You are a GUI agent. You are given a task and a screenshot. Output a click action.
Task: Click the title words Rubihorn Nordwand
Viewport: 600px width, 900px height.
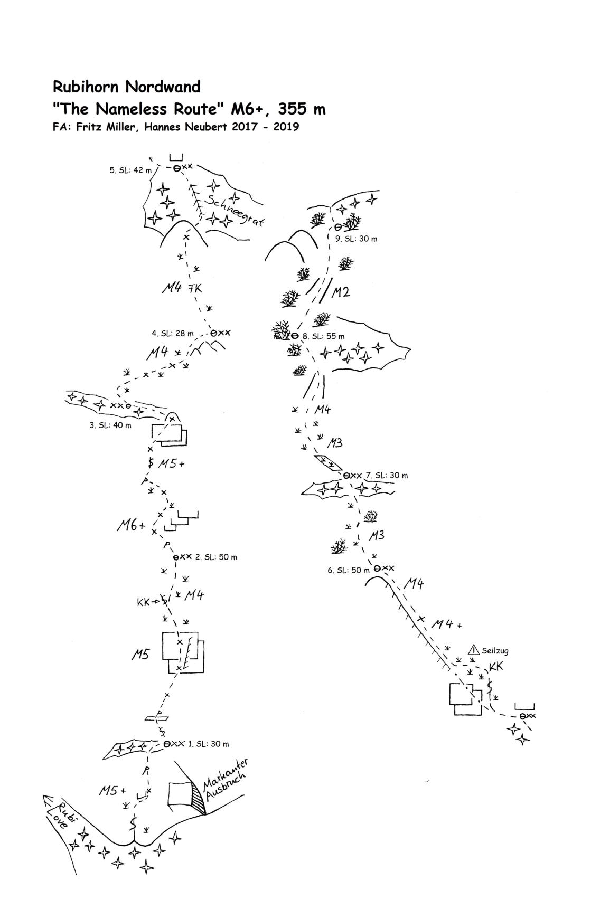127,87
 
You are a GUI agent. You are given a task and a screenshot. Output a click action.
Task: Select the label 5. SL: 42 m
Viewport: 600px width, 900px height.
130,170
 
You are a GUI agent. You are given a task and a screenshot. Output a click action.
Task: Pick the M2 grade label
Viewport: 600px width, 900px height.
340,292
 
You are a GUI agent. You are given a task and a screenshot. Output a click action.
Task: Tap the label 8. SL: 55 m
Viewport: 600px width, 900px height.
323,336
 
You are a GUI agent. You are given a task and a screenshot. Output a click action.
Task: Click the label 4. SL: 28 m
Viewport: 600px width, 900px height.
173,334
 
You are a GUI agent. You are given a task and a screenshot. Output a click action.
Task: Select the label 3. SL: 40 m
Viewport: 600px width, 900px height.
110,425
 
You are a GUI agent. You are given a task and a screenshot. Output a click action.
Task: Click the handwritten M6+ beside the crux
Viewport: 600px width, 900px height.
131,525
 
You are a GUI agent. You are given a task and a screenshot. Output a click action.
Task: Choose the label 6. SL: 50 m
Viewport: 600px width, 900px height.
349,570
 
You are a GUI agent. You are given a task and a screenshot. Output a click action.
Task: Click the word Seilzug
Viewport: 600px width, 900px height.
495,651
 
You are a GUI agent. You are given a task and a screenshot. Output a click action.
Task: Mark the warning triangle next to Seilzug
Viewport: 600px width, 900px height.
473,650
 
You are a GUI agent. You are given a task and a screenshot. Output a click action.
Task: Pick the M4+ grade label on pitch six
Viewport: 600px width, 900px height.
447,624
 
